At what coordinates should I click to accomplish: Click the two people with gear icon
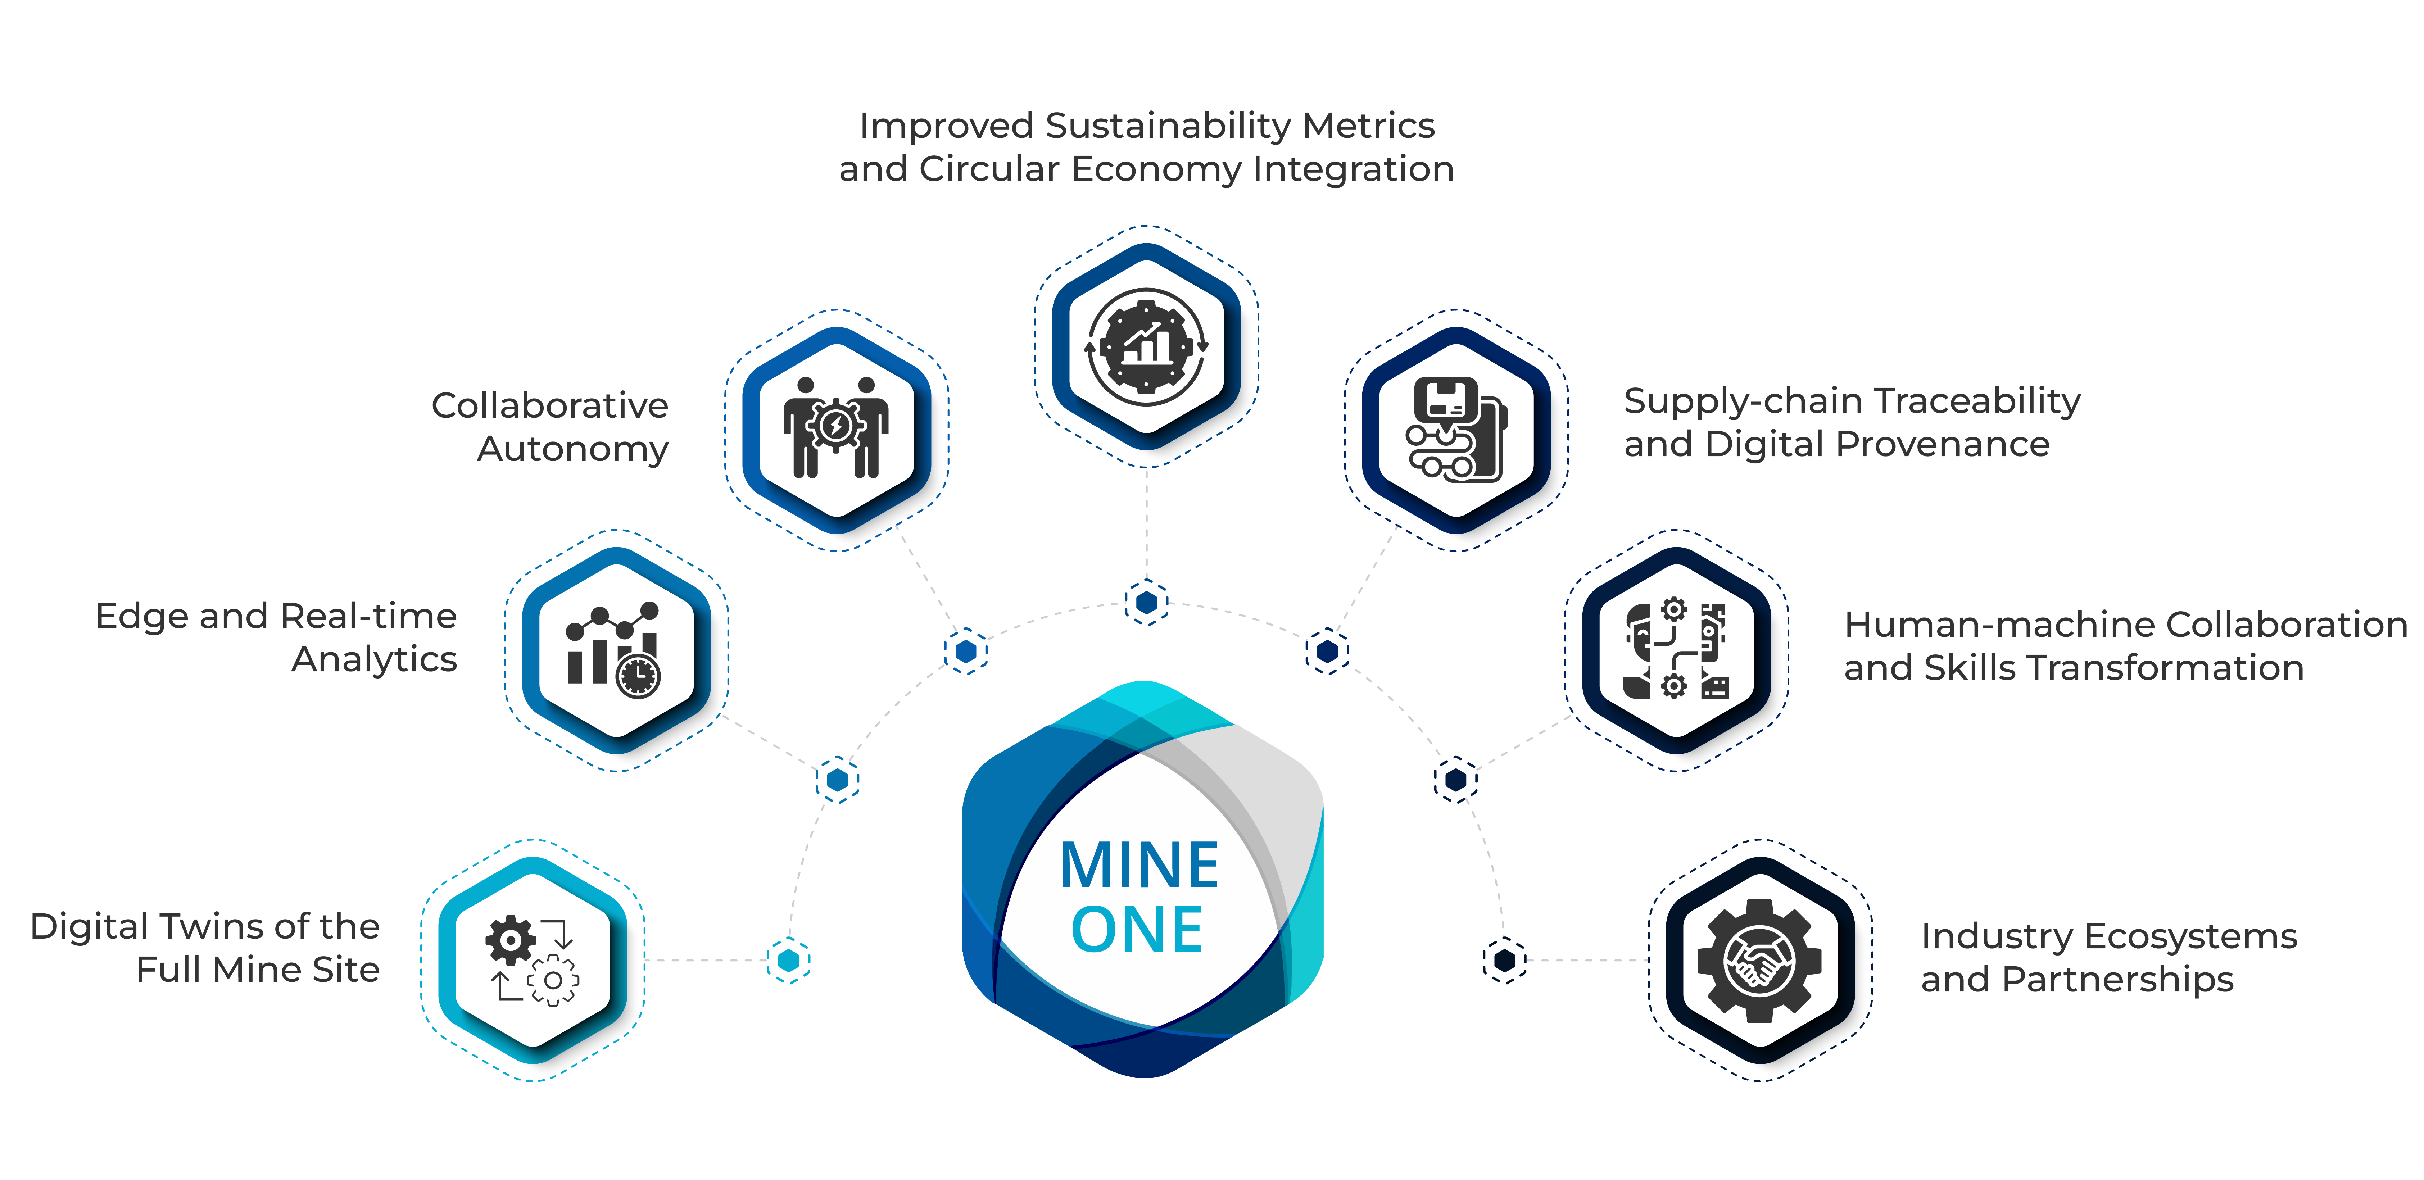tap(835, 428)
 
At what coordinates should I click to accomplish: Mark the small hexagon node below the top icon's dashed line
tap(1146, 602)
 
